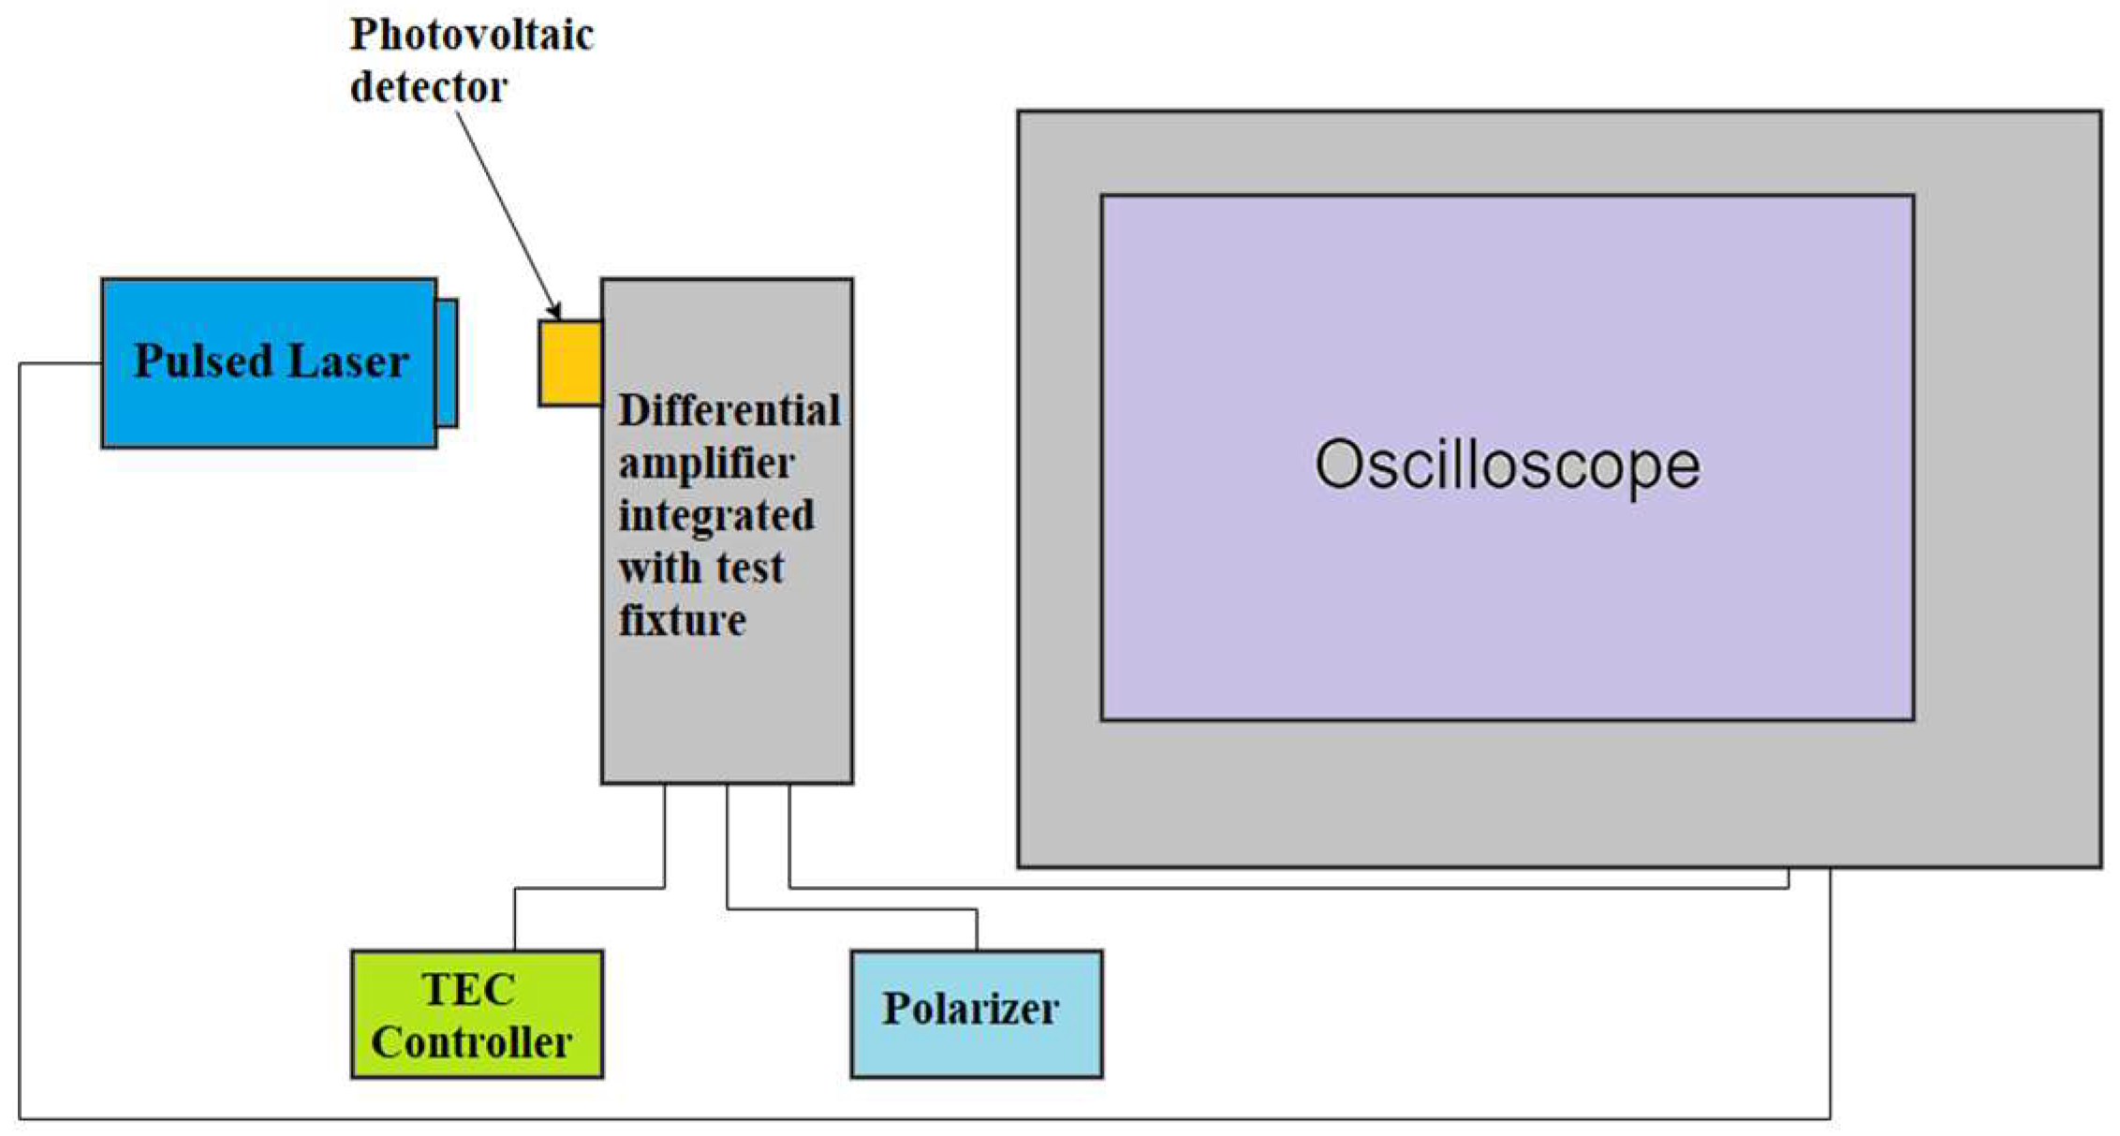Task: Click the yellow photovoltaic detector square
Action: [x=570, y=363]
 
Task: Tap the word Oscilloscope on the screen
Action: [x=1507, y=464]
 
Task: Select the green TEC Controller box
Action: [x=477, y=1014]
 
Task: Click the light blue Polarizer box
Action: [x=976, y=1014]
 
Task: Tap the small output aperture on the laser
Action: [x=447, y=362]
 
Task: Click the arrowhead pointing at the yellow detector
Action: [x=554, y=310]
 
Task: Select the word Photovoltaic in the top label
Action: [x=471, y=36]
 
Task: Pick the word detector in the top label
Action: [x=428, y=87]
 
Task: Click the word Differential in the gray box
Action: [x=729, y=410]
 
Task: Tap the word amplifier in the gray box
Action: [x=706, y=463]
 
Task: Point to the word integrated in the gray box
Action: [x=715, y=515]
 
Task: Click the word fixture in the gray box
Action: [x=682, y=620]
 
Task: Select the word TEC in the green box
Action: [x=468, y=989]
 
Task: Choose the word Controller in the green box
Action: [x=471, y=1042]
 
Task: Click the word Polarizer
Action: [x=970, y=1009]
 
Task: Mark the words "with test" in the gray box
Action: [x=700, y=568]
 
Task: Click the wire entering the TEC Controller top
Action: [x=514, y=922]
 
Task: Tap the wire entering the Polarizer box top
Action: [x=977, y=932]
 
